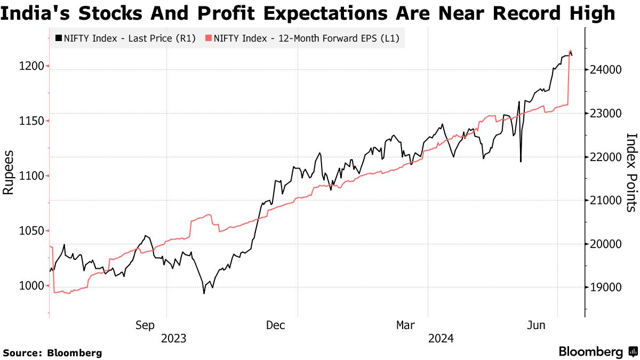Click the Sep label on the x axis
[x=145, y=325]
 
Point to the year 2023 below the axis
[x=174, y=338]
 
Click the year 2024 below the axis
[x=440, y=338]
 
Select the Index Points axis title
[x=630, y=172]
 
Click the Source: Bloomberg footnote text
[x=52, y=353]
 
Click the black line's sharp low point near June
[x=520, y=161]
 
